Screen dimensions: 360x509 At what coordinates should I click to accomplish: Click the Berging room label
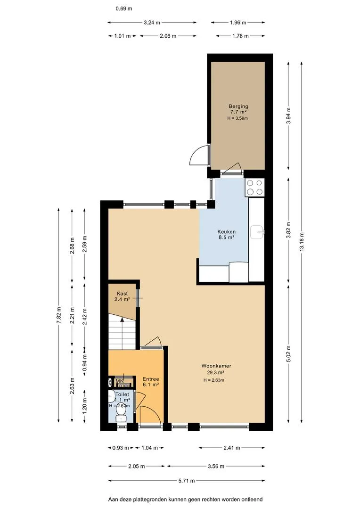pyautogui.click(x=238, y=106)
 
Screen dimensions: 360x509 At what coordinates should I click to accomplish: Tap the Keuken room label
pyautogui.click(x=226, y=232)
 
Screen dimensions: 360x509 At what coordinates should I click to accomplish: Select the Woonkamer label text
pyautogui.click(x=216, y=366)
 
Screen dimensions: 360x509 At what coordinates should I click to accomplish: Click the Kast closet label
pyautogui.click(x=123, y=294)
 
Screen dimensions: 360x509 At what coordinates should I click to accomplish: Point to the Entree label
pyautogui.click(x=151, y=379)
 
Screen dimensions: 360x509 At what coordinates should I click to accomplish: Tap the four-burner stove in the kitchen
pyautogui.click(x=255, y=187)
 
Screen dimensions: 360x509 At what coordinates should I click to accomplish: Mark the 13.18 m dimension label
pyautogui.click(x=302, y=242)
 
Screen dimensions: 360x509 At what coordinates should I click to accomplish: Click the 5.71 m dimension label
pyautogui.click(x=187, y=480)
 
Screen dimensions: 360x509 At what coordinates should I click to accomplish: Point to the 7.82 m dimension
pyautogui.click(x=58, y=315)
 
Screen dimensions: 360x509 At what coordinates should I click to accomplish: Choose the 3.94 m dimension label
pyautogui.click(x=288, y=116)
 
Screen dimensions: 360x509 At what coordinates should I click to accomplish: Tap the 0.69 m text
pyautogui.click(x=123, y=9)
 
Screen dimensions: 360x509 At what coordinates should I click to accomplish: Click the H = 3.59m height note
pyautogui.click(x=237, y=118)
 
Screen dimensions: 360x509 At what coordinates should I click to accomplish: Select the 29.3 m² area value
pyautogui.click(x=216, y=373)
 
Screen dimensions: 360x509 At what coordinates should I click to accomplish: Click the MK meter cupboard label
pyautogui.click(x=119, y=381)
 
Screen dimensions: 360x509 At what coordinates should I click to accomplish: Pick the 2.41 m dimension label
pyautogui.click(x=232, y=448)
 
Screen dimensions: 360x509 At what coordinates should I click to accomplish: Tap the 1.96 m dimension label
pyautogui.click(x=238, y=23)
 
